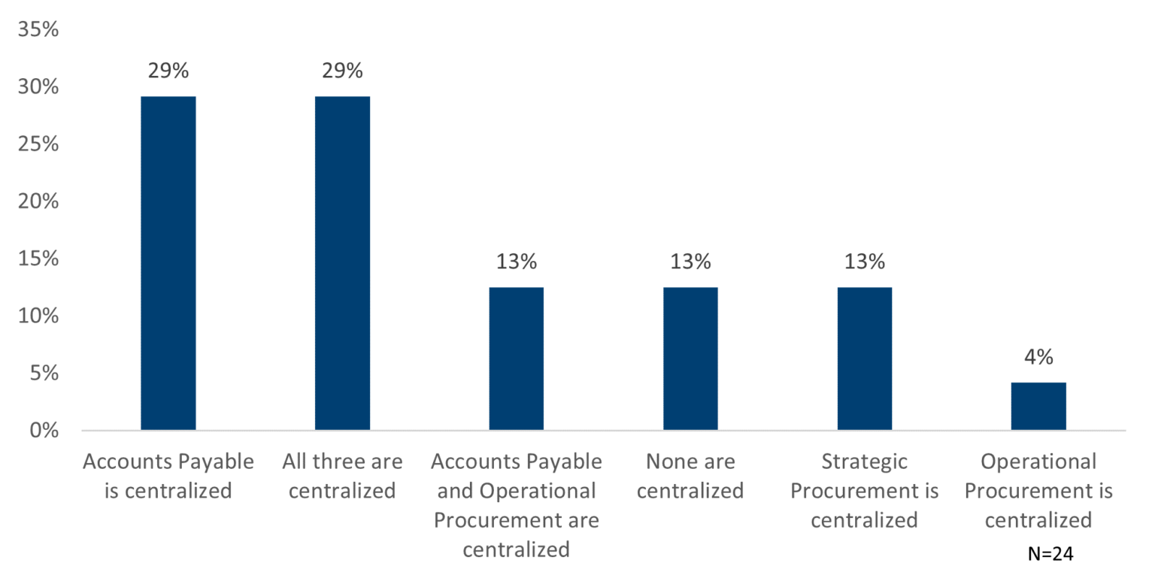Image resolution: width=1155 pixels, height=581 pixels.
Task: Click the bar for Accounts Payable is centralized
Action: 168,263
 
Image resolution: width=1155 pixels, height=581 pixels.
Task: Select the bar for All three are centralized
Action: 342,263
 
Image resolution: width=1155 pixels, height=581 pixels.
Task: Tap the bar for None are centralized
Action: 690,359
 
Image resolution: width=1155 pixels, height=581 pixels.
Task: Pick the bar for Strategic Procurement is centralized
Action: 864,359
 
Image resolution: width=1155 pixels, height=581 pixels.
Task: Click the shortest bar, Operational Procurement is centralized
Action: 1038,406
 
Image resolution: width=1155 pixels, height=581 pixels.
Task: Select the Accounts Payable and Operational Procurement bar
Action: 516,359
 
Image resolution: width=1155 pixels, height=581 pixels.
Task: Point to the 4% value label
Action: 1038,358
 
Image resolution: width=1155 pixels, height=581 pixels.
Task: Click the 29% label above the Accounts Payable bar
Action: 168,71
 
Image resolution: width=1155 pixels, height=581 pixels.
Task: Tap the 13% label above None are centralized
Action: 690,262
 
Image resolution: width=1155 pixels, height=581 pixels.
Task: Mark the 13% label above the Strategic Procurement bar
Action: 864,262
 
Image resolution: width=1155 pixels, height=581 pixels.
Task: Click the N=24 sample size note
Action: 1050,554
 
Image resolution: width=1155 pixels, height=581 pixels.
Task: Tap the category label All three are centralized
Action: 342,477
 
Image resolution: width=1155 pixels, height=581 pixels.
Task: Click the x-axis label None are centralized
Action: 690,477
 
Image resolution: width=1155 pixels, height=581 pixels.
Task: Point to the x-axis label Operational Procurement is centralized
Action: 1038,491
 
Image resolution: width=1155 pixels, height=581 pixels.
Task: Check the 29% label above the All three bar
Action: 342,71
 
